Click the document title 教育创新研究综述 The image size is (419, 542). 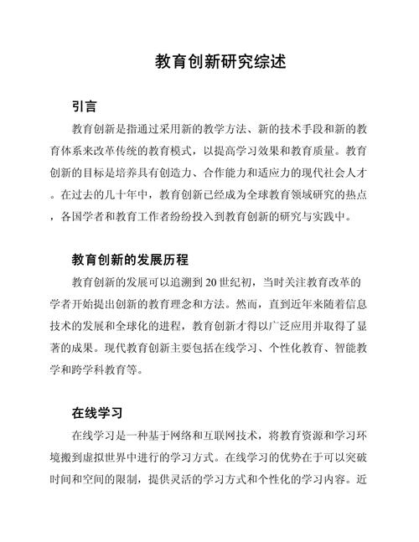click(x=209, y=62)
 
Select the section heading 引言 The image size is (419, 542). click(x=85, y=107)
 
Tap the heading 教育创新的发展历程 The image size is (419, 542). click(x=130, y=259)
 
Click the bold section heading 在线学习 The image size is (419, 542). click(x=98, y=413)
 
